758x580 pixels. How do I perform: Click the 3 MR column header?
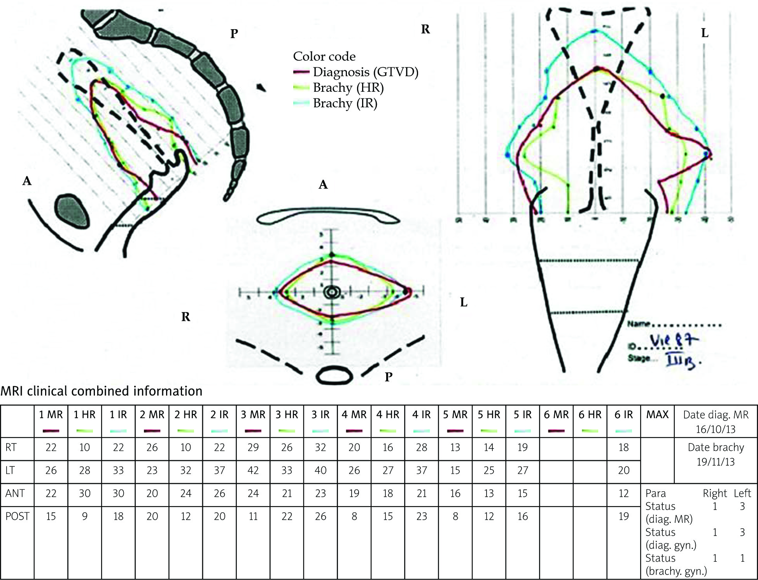[253, 415]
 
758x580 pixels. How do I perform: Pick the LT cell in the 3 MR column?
[253, 470]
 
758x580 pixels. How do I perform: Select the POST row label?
[17, 516]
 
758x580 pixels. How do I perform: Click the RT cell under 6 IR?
[623, 447]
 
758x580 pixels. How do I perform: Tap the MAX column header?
[657, 415]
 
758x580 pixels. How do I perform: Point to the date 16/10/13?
[716, 429]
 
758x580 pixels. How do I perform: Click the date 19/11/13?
[716, 462]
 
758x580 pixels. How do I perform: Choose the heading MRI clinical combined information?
[102, 391]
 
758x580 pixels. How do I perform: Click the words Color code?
[324, 56]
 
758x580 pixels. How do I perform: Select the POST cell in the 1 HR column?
[84, 516]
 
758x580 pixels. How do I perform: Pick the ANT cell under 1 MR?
[51, 493]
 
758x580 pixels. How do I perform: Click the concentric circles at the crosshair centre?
[332, 292]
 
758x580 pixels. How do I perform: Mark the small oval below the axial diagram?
[334, 376]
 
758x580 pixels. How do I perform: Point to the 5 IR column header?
[522, 415]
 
